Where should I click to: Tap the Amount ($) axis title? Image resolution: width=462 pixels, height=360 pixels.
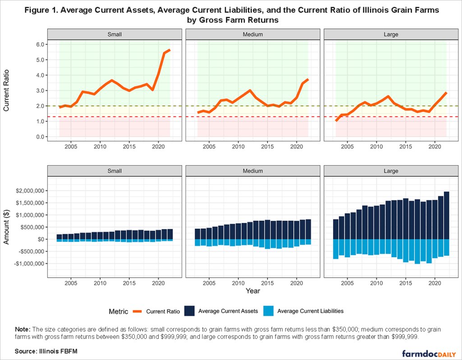coord(7,227)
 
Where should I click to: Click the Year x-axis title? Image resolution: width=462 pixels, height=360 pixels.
coord(252,291)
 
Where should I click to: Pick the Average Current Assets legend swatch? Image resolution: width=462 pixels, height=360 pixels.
coord(190,311)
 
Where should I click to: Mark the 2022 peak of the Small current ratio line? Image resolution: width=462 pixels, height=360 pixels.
coord(170,50)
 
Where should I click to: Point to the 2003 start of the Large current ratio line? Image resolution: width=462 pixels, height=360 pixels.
coord(336,120)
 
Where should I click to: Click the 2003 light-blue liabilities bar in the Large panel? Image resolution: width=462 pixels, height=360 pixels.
coord(336,249)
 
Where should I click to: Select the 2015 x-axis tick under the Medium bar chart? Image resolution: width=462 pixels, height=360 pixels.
coord(267,283)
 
